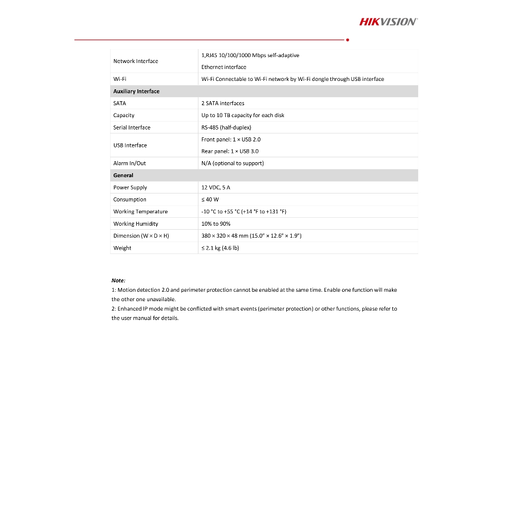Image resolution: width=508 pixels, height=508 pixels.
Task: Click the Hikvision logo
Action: [388, 21]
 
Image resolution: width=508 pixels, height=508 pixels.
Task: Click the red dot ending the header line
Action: [347, 40]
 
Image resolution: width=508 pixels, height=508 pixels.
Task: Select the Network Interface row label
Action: [135, 61]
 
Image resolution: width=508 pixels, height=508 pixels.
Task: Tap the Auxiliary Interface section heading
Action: [136, 91]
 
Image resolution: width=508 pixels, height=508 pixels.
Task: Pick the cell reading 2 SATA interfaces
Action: [223, 103]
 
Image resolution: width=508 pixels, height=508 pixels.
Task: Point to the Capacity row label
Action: [124, 115]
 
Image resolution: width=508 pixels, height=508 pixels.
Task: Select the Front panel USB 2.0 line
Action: [231, 139]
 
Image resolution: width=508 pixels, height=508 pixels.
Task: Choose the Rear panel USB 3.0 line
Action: [230, 151]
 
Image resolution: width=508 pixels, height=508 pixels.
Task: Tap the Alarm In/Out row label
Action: [129, 163]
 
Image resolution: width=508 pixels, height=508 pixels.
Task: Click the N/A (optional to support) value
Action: [232, 163]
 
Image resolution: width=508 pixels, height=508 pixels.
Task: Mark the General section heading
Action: [123, 175]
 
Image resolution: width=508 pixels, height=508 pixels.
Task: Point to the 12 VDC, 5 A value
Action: [216, 188]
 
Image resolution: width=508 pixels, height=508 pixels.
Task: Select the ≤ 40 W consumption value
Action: [210, 199]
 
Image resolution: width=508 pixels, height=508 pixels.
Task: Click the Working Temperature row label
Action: [140, 211]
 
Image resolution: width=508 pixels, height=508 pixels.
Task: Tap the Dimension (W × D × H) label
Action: [141, 236]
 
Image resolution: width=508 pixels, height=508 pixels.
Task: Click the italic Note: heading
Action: [118, 280]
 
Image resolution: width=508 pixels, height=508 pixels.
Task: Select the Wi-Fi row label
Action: [120, 79]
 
